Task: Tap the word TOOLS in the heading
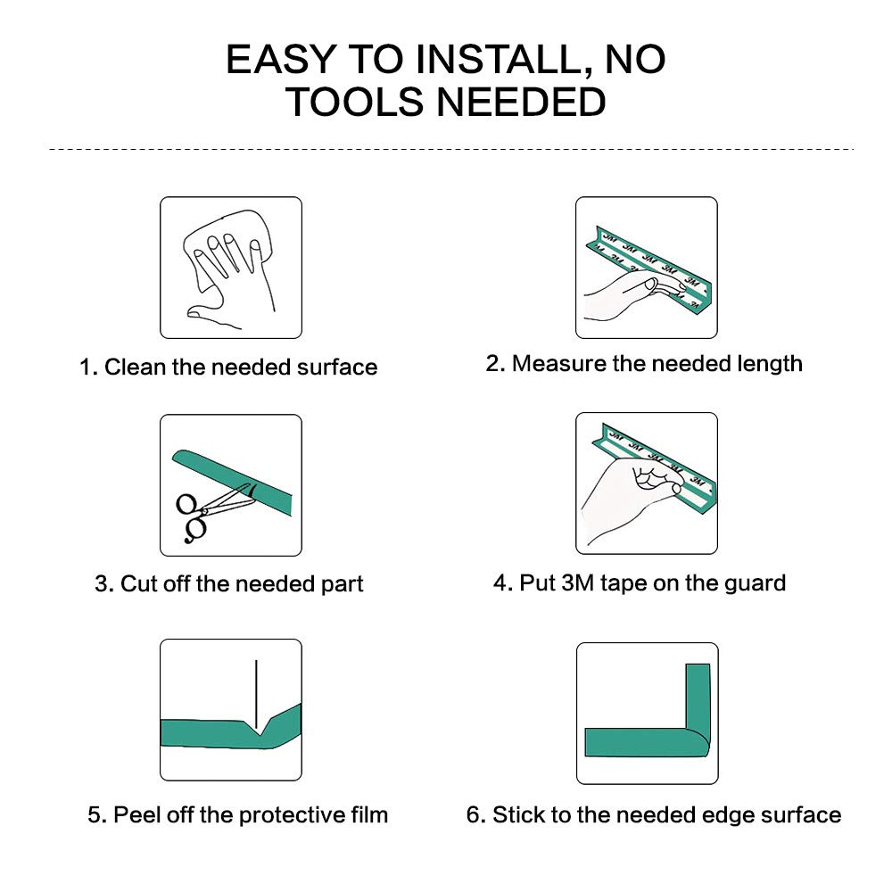[355, 102]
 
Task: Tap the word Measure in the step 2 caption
[559, 364]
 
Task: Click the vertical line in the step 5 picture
[256, 695]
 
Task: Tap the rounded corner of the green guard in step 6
[698, 742]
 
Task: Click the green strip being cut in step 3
[233, 479]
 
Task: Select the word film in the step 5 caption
[369, 814]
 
